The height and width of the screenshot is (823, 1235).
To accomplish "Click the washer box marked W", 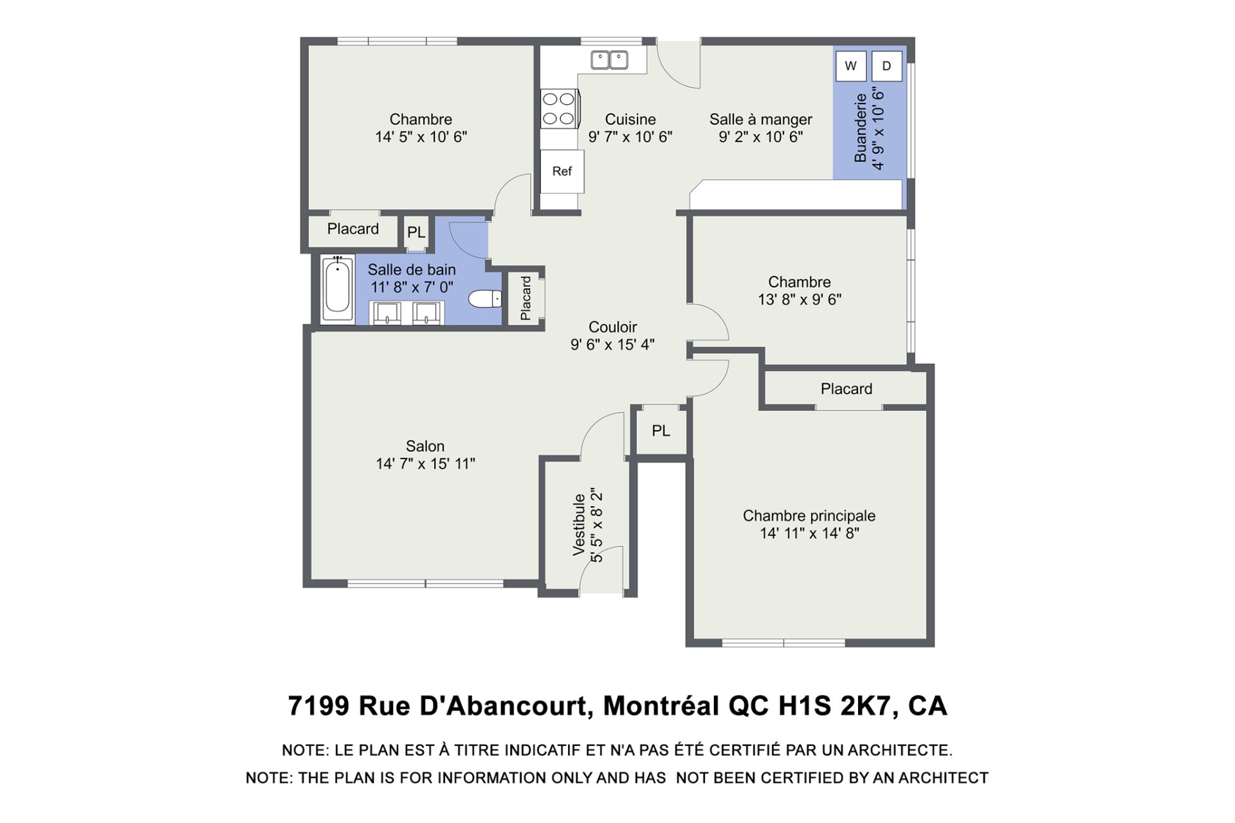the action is coord(851,66).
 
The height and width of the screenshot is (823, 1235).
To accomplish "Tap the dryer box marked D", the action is coord(887,66).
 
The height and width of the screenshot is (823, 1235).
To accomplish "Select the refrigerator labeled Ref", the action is coord(562,172).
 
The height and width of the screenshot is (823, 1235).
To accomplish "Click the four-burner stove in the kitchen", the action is coord(560,109).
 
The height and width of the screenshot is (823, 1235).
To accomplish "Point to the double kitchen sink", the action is coord(610,60).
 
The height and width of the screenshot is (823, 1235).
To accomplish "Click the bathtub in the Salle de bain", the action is coord(337,289).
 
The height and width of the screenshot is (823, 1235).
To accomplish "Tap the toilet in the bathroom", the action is coord(485,299).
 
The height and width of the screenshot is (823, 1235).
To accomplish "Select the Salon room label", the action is coord(425,446).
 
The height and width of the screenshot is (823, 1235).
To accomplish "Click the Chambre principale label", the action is coord(809,516).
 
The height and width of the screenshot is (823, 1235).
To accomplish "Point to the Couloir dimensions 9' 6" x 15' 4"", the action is coord(612,345).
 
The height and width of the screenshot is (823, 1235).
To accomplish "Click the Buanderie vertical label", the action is coord(861,128).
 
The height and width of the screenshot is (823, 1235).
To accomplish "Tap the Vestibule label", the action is coord(580,524).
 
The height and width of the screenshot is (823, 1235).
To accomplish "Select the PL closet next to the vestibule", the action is coord(661,431).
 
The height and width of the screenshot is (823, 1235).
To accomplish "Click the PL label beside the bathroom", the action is coord(416,232).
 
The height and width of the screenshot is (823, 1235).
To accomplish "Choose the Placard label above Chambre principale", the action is coord(846,389).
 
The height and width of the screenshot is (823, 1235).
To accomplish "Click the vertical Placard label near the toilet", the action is coord(526,298).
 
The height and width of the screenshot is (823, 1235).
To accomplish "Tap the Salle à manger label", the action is coord(761,120).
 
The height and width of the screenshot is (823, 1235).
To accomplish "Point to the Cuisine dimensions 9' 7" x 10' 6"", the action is coord(630,137).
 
